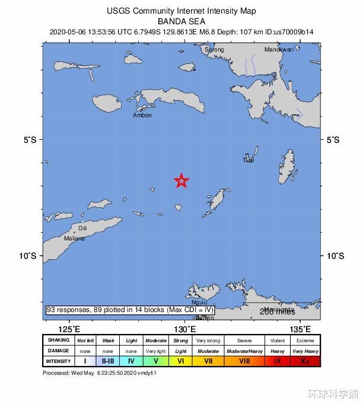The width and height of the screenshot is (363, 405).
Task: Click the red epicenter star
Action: pyautogui.click(x=181, y=181)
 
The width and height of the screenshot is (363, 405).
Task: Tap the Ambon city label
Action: pyautogui.click(x=142, y=115)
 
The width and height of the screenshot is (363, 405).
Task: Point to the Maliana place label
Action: pyautogui.click(x=75, y=239)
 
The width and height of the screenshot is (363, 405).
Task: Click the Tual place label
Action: pyautogui.click(x=249, y=160)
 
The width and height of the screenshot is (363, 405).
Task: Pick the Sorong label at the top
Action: pyautogui.click(x=214, y=50)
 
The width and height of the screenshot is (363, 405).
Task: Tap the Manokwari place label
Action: pyautogui.click(x=279, y=50)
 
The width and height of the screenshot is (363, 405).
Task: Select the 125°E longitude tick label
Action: pyautogui.click(x=70, y=329)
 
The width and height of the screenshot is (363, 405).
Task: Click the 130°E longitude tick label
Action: pyautogui.click(x=185, y=329)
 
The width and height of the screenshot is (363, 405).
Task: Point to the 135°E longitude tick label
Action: pyautogui.click(x=300, y=329)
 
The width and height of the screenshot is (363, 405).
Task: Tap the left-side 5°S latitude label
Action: pyautogui.click(x=30, y=140)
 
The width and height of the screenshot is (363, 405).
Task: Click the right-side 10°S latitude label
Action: pyautogui.click(x=335, y=256)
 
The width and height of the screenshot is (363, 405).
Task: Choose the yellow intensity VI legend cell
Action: pyautogui.click(x=181, y=361)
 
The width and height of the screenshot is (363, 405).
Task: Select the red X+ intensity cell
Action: pyautogui.click(x=305, y=361)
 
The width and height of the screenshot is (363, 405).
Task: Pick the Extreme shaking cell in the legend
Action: pyautogui.click(x=305, y=340)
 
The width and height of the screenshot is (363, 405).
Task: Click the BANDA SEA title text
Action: pyautogui.click(x=181, y=21)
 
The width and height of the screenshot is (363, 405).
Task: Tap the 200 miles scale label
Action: pyautogui.click(x=277, y=312)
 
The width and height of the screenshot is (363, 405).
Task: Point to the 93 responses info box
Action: pyautogui.click(x=130, y=310)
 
